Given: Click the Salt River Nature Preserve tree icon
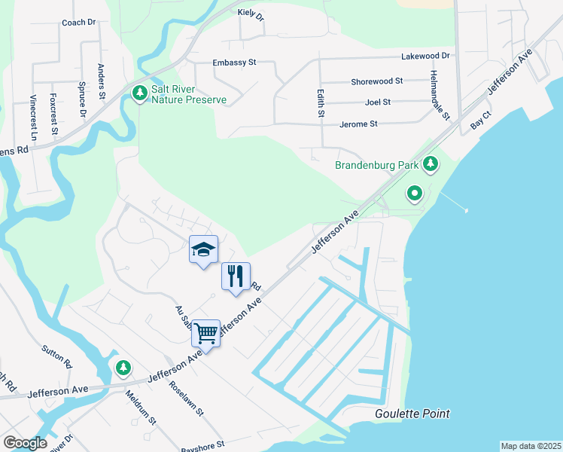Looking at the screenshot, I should (139, 93).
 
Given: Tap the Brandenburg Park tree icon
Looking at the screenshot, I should (431, 163).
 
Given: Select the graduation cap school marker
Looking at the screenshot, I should (203, 250).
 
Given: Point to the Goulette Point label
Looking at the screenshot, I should (412, 414).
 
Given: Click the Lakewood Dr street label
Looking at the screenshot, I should (425, 56).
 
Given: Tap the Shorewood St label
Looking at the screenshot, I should (376, 81).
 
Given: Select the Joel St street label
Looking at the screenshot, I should (377, 102).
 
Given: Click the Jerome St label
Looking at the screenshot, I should (358, 124).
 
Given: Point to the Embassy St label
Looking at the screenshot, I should (235, 63).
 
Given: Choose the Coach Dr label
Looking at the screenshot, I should (78, 22).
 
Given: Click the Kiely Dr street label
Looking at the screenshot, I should (251, 14).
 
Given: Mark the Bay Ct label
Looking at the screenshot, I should (481, 122).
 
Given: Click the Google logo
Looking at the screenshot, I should (25, 443).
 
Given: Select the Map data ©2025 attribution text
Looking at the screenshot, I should (530, 446).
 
